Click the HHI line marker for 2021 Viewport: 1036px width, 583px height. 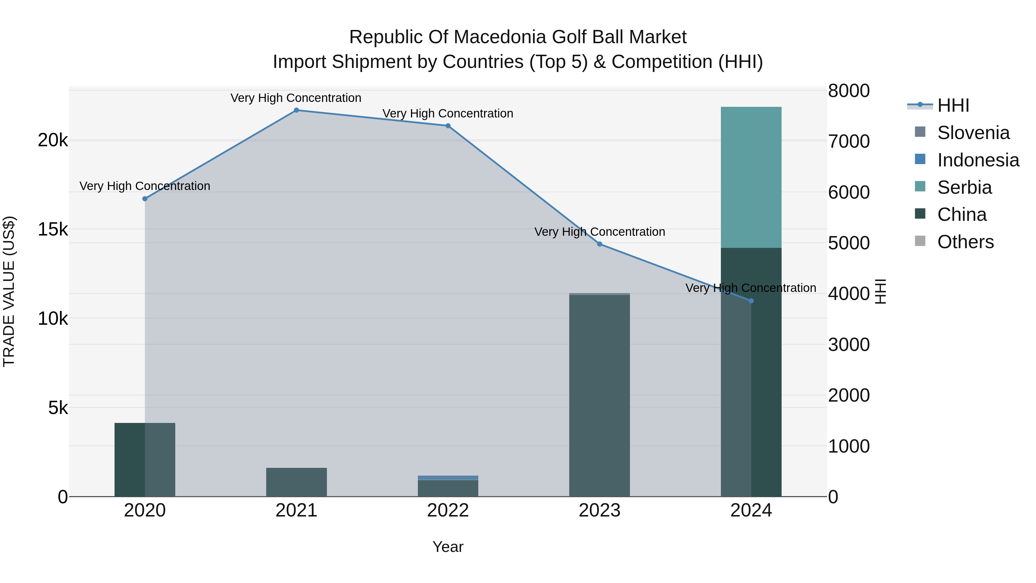tap(296, 110)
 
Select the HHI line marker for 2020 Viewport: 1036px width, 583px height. tap(145, 199)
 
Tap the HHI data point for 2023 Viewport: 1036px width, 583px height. tap(600, 244)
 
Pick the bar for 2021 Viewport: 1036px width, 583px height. tap(296, 482)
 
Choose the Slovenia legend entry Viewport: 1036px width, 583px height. tap(973, 133)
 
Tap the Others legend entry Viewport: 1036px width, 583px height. tap(965, 242)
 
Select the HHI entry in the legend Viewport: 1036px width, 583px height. tap(953, 105)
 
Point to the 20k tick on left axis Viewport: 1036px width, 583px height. tap(53, 140)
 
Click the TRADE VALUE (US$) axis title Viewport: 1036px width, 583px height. tap(9, 291)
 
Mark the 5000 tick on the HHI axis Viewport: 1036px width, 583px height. tap(849, 243)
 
